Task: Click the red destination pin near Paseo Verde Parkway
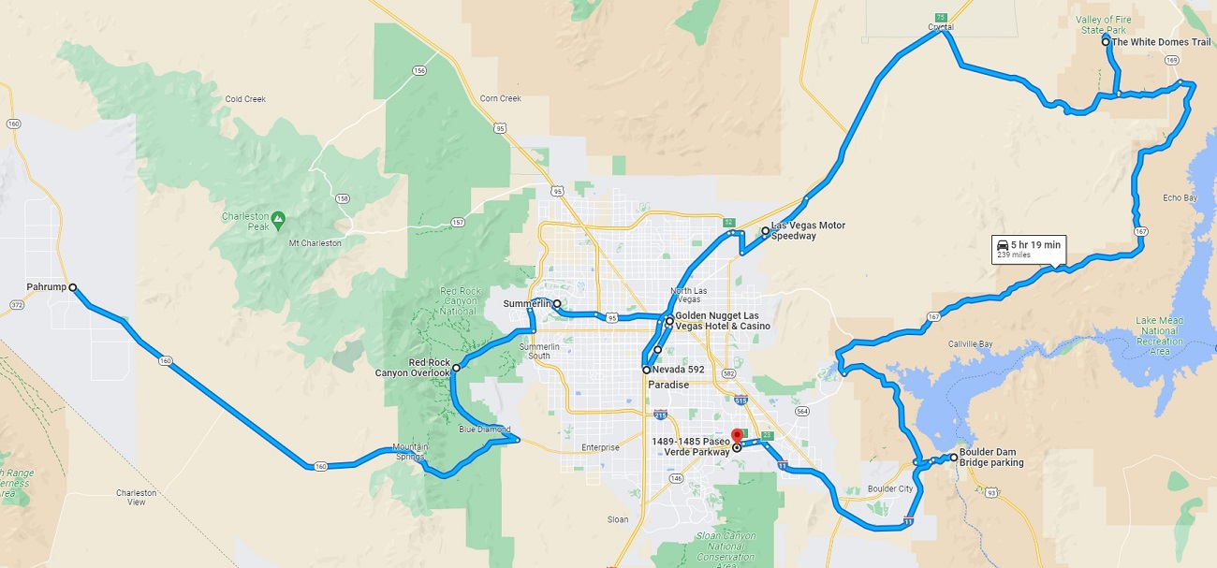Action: pos(736,436)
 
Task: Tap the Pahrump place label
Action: pos(47,287)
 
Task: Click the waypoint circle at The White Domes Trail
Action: pos(1106,42)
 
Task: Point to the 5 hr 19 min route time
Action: pos(1035,244)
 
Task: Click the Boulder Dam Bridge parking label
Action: pos(991,458)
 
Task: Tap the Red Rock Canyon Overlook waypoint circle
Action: pos(456,369)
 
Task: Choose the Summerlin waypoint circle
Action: pos(556,303)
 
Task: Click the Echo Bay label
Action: pos(1180,198)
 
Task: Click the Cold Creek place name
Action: pos(245,99)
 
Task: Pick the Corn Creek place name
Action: pos(500,98)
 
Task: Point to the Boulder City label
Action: pos(889,488)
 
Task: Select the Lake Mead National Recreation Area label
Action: pos(1159,336)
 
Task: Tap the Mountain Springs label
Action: pos(410,452)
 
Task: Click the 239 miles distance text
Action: pos(1014,255)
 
